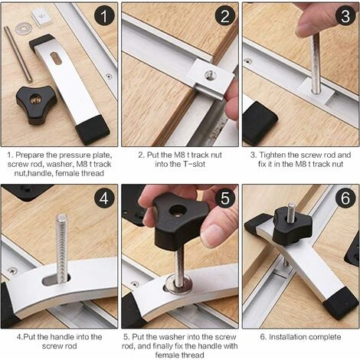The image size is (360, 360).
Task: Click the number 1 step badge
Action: coord(103,16)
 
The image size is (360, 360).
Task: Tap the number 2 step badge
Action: coord(224,16)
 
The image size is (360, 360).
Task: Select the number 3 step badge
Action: coord(345,16)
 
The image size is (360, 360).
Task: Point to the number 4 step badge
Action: coord(103,198)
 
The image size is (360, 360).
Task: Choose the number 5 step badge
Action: coord(224,198)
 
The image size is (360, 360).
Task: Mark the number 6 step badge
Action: coord(345,198)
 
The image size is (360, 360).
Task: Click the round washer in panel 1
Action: coord(24,28)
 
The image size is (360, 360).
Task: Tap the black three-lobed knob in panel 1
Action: coord(36,104)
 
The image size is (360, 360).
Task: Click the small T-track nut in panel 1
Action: coord(42,18)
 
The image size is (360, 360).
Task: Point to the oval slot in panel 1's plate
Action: coord(57,58)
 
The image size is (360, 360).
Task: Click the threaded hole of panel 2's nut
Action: coord(211,75)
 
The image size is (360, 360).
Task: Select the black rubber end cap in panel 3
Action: coord(259,123)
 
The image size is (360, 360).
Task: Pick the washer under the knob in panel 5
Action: coord(178,284)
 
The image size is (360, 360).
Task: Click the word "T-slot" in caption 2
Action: coord(193,164)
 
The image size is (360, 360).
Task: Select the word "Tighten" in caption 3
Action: coord(271,155)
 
